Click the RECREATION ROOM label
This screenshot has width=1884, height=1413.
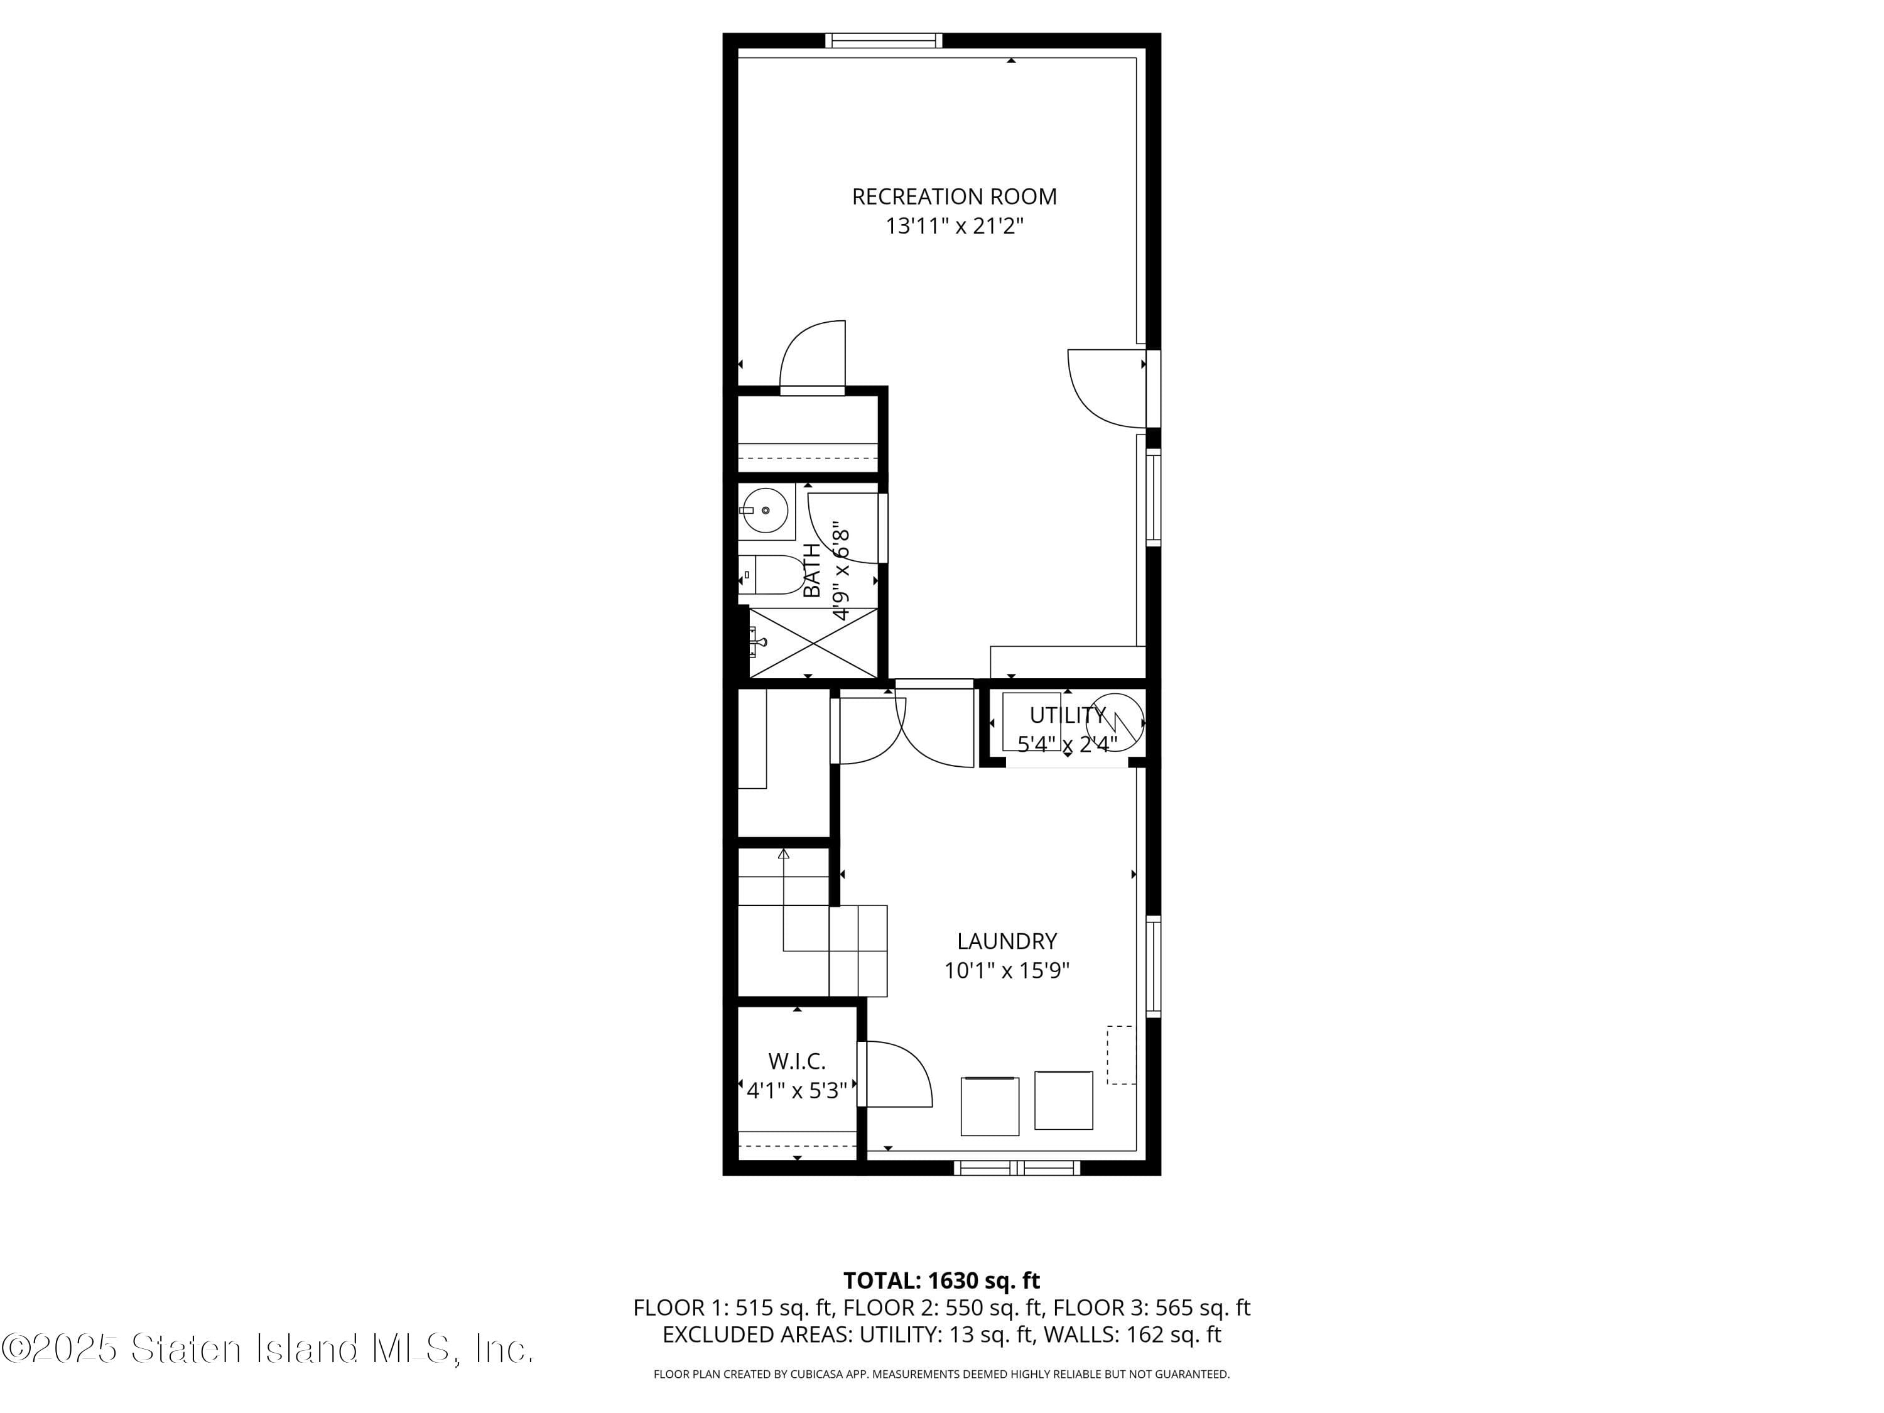pos(954,197)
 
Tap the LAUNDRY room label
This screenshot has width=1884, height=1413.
pos(1007,941)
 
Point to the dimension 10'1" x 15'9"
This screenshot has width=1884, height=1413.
pos(1007,971)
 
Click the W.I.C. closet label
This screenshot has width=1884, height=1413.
pos(796,1061)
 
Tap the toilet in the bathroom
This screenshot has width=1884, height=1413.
pos(773,575)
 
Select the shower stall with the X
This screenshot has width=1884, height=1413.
pos(813,642)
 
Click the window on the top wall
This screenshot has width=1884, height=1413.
pos(884,40)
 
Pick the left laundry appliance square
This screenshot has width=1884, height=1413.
pos(990,1107)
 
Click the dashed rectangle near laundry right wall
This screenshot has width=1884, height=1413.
pos(1121,1055)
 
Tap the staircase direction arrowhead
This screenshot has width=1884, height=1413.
pos(784,853)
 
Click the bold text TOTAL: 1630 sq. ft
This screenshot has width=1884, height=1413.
pos(941,1280)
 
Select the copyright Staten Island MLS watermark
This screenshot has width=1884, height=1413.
pos(268,1348)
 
